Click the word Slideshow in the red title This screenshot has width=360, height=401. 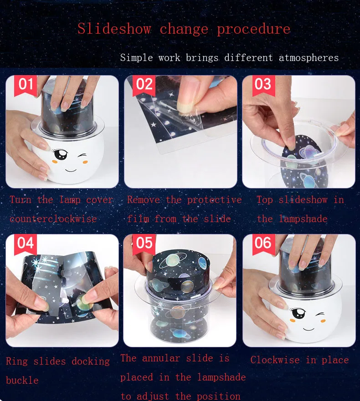tap(114, 28)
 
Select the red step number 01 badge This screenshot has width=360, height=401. tap(26, 86)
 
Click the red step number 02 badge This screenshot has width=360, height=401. tap(144, 86)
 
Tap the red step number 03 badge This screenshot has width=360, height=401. tap(263, 86)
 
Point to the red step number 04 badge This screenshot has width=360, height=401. tap(26, 244)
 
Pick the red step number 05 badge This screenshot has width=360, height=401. tap(144, 244)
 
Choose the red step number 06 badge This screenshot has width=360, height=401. tap(263, 244)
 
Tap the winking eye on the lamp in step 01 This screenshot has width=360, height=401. tap(82, 156)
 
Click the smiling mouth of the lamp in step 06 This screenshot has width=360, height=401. tap(309, 329)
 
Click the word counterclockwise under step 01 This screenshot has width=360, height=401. tap(53, 219)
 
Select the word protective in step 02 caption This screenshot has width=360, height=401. tap(214, 200)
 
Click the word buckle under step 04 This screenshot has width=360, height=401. tap(22, 380)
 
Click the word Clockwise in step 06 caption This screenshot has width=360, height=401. tap(275, 360)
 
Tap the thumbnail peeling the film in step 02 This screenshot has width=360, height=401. tap(180, 132)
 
